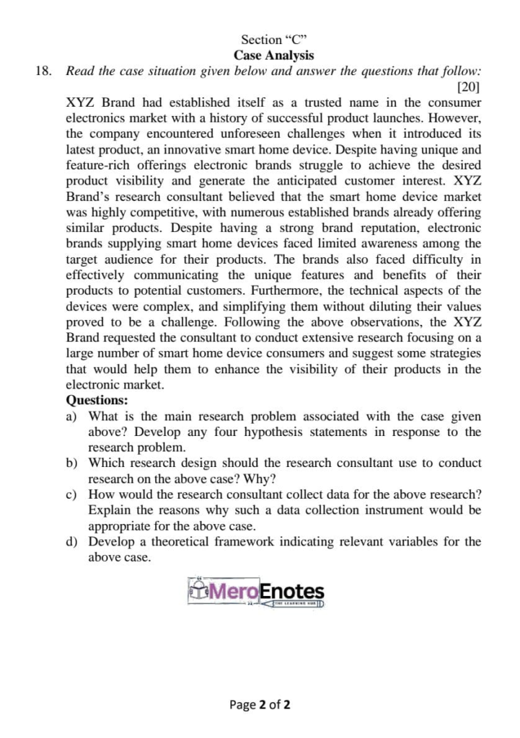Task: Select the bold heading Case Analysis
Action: pos(273,55)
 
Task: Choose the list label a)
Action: pos(71,416)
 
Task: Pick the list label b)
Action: pos(71,463)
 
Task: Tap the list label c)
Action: pos(71,494)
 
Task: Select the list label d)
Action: pos(71,541)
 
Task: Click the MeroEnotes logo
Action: pos(256,592)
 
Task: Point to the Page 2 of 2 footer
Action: pos(260,705)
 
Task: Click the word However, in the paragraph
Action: pos(453,117)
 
